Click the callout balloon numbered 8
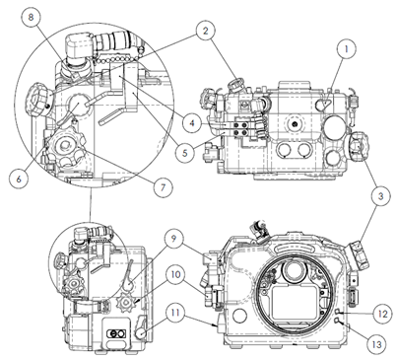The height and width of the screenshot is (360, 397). (x=31, y=18)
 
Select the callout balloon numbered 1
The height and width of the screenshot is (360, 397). (x=346, y=49)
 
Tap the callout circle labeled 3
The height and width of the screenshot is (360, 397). (x=380, y=196)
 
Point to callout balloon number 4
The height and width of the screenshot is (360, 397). (x=192, y=123)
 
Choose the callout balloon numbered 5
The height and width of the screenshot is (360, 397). (x=185, y=153)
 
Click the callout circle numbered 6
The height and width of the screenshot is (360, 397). (x=19, y=180)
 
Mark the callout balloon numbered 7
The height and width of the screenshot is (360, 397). (x=164, y=187)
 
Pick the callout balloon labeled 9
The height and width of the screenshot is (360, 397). (x=174, y=239)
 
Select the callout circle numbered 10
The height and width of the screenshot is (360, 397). (x=176, y=274)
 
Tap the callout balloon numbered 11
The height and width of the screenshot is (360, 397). (x=175, y=313)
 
